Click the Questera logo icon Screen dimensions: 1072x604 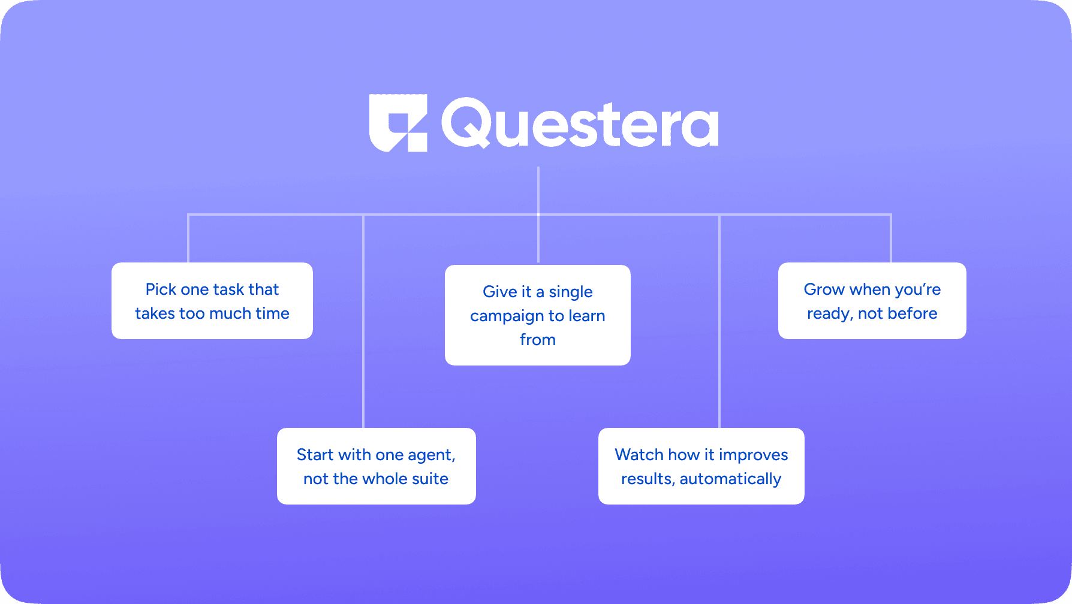[x=398, y=123]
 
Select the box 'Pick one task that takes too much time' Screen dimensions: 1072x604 [x=212, y=301]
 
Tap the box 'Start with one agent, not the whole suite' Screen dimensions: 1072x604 [x=377, y=466]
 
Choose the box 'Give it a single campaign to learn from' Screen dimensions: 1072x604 [x=538, y=315]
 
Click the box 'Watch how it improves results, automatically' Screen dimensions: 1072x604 [x=701, y=466]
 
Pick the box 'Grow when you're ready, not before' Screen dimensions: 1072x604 [x=872, y=301]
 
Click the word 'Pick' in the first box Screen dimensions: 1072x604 [x=161, y=289]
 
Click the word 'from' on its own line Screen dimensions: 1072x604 [x=538, y=340]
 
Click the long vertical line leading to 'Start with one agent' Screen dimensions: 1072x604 [x=363, y=321]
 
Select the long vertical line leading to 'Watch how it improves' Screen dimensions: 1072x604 [x=719, y=321]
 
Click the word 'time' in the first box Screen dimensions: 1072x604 [x=272, y=313]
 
